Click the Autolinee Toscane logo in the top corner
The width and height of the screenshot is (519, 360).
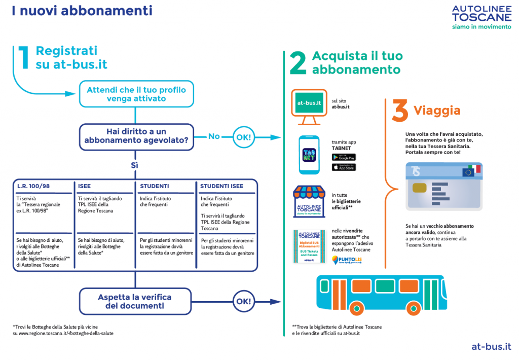pos(481,17)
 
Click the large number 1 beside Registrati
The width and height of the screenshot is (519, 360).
pos(23,57)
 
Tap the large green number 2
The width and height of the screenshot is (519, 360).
pos(298,64)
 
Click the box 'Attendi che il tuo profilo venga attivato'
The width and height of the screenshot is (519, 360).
pos(136,94)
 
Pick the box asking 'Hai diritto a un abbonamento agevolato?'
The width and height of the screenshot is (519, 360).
pos(136,136)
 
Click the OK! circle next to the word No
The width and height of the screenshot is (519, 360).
pos(244,137)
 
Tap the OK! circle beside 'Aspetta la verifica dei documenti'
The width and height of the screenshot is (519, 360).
pos(244,302)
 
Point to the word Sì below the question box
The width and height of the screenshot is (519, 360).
pos(135,165)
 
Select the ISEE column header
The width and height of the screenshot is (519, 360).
pos(84,186)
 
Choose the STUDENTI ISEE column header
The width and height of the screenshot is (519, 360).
pos(221,186)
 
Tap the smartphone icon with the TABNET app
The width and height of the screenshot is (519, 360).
pos(309,155)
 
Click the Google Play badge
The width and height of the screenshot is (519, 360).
pos(344,158)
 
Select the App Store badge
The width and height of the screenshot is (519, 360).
pos(344,167)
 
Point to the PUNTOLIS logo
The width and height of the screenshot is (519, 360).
pos(347,260)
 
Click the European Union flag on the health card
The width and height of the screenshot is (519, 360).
pos(468,172)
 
